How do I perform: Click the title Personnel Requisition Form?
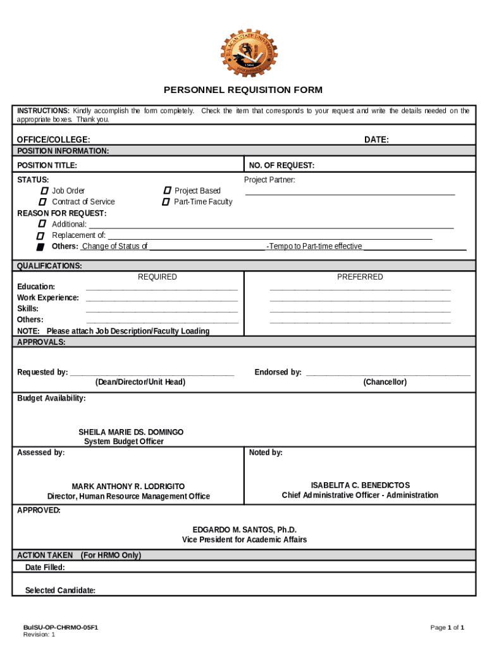click(x=243, y=90)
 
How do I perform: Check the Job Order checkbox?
click(x=44, y=190)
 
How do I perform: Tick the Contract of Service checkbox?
click(x=44, y=202)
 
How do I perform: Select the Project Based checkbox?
click(x=166, y=190)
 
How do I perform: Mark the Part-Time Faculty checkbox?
click(x=166, y=202)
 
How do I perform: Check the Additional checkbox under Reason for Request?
click(x=42, y=224)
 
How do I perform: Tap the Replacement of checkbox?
click(x=41, y=235)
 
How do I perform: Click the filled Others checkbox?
click(x=40, y=246)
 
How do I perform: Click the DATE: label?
click(x=376, y=140)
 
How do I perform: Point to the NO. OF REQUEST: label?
click(x=281, y=166)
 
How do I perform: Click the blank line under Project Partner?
click(x=350, y=194)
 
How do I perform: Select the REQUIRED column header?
click(x=157, y=277)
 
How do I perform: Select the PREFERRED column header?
click(x=360, y=277)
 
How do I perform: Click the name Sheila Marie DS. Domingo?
click(x=131, y=432)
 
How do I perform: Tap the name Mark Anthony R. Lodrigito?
click(x=128, y=486)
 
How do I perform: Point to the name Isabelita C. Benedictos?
click(x=360, y=485)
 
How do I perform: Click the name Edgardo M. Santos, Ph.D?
click(x=244, y=529)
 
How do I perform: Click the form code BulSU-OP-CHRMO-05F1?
click(x=60, y=627)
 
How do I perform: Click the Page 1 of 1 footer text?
click(x=447, y=627)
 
